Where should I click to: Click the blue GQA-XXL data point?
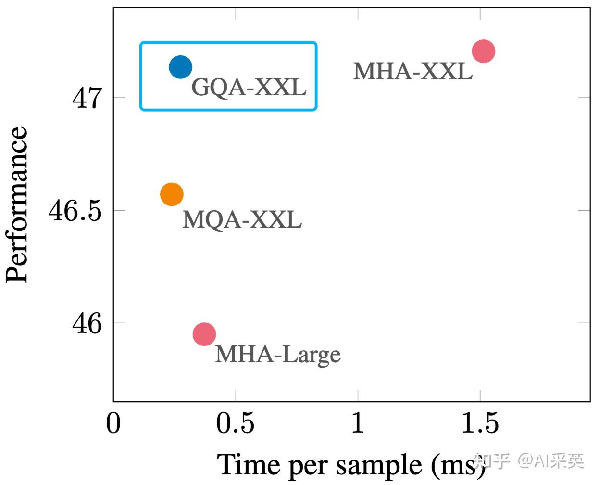click(x=181, y=67)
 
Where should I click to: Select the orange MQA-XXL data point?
click(x=172, y=194)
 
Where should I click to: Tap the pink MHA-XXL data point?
click(x=483, y=51)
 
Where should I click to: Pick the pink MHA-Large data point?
click(x=204, y=334)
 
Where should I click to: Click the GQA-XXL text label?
click(x=249, y=87)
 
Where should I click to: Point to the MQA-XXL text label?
click(x=242, y=219)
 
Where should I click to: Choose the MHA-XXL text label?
click(x=412, y=72)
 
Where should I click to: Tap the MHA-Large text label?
click(x=277, y=355)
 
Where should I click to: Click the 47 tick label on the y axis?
click(x=87, y=98)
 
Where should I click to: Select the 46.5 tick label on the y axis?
click(x=75, y=211)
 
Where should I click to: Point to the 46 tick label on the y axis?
click(x=87, y=323)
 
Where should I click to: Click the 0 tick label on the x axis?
click(x=113, y=423)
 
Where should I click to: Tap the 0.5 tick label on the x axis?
click(x=235, y=423)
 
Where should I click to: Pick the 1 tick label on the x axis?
click(x=358, y=423)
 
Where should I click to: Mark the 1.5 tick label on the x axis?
click(x=480, y=423)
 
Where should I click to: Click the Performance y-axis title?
click(x=17, y=204)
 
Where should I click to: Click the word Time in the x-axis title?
click(x=249, y=465)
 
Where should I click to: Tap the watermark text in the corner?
click(x=529, y=461)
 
